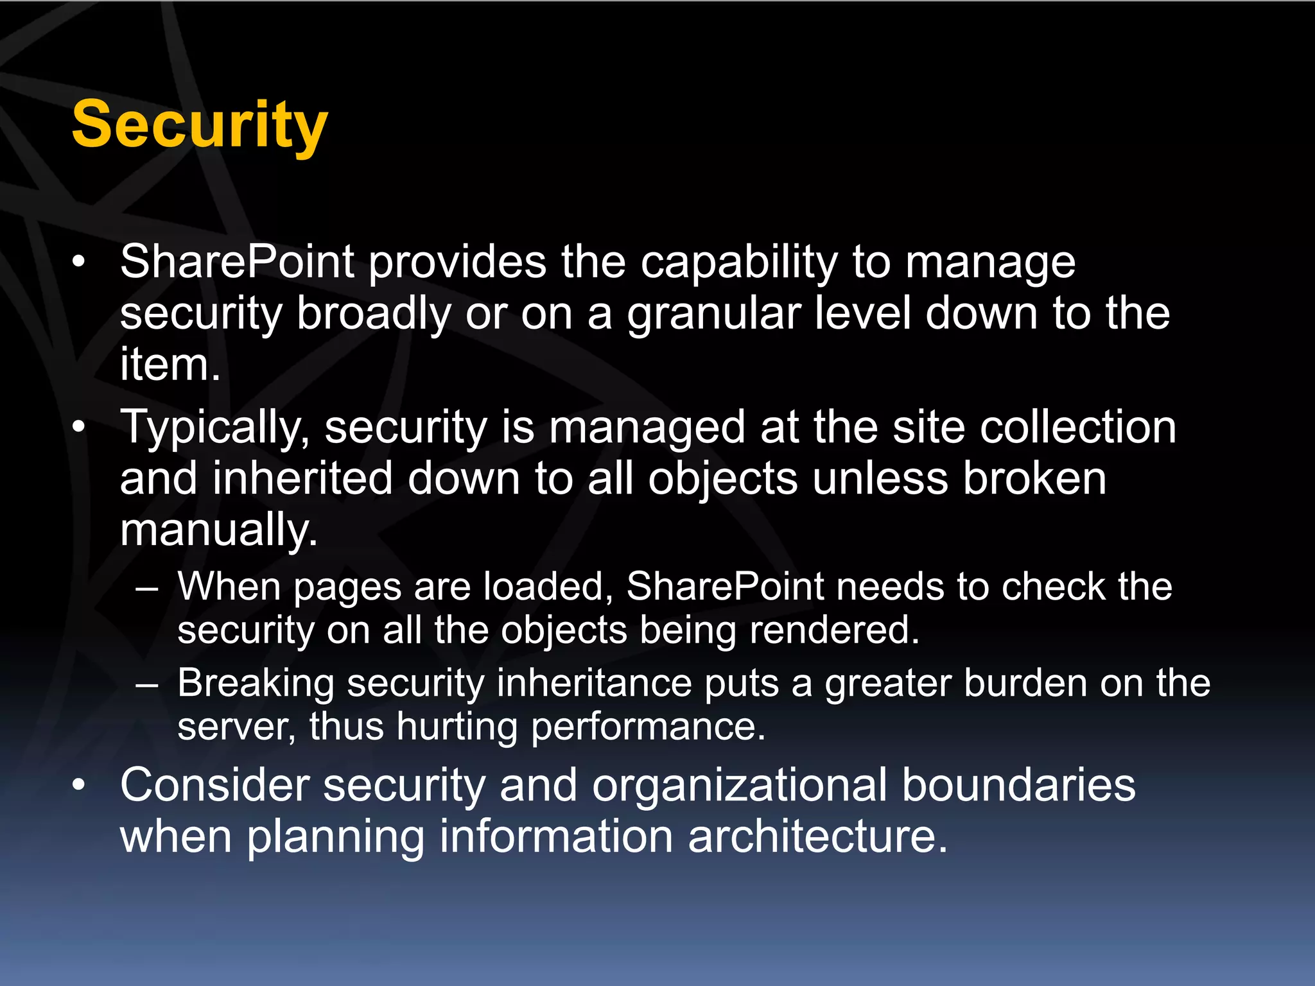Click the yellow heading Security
pyautogui.click(x=199, y=125)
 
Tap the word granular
pyautogui.click(x=713, y=315)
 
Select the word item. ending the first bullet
pyautogui.click(x=170, y=365)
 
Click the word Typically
pyautogui.click(x=215, y=429)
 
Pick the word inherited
pyautogui.click(x=302, y=479)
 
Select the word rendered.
pyautogui.click(x=834, y=630)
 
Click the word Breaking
pyautogui.click(x=256, y=683)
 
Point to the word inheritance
pyautogui.click(x=594, y=683)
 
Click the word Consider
pyautogui.click(x=214, y=786)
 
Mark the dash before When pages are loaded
pyautogui.click(x=147, y=588)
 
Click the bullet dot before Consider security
pyautogui.click(x=78, y=785)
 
